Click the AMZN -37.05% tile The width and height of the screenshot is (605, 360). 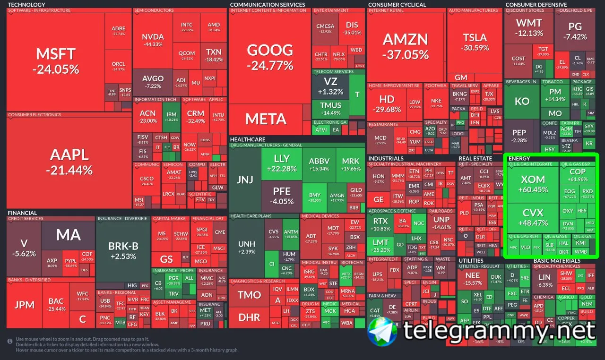pyautogui.click(x=406, y=46)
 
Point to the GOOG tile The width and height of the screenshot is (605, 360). pyautogui.click(x=270, y=56)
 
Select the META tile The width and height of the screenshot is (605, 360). pyautogui.click(x=266, y=119)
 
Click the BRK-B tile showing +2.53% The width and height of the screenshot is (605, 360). pyautogui.click(x=123, y=250)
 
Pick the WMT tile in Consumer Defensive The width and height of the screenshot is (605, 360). pyautogui.click(x=529, y=27)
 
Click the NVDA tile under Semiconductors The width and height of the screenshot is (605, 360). pyautogui.click(x=153, y=40)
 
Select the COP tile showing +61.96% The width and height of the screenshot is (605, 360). pyautogui.click(x=577, y=175)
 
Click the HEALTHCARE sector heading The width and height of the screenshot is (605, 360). pyautogui.click(x=248, y=139)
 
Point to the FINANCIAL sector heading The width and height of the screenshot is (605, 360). pyautogui.click(x=22, y=213)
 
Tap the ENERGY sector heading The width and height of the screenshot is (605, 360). pyautogui.click(x=519, y=158)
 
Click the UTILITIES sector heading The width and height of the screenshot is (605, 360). pyautogui.click(x=471, y=260)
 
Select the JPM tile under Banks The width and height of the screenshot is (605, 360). pyautogui.click(x=24, y=304)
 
